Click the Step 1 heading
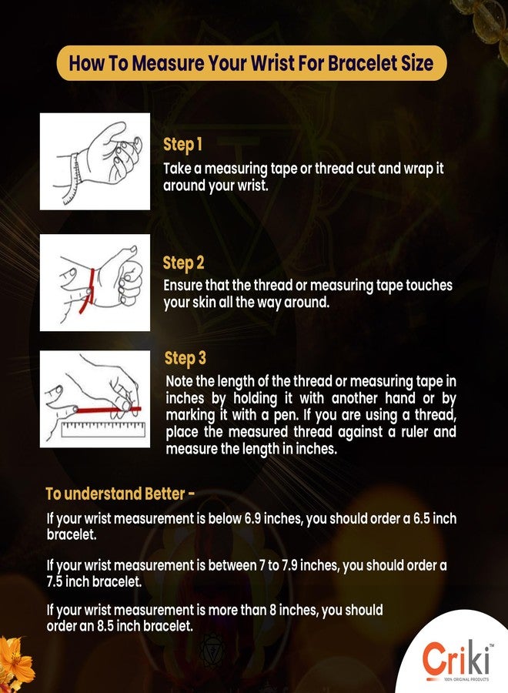tap(182, 145)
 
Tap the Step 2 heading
tap(183, 263)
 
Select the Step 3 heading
tap(185, 358)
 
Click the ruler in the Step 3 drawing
tap(103, 430)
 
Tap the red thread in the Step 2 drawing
tap(88, 291)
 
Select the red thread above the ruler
tap(108, 410)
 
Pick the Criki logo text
tap(456, 659)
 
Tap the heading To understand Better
tap(120, 494)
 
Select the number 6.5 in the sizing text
tap(422, 518)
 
